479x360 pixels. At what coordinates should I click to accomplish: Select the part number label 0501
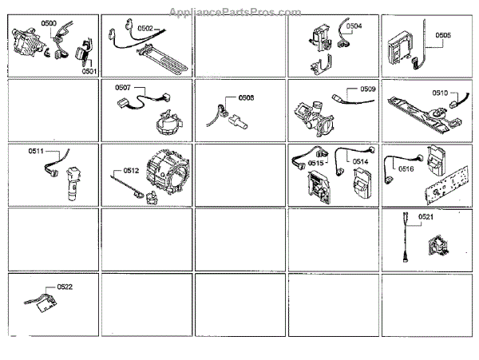[x=89, y=70]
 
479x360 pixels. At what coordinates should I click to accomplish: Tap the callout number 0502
[x=145, y=28]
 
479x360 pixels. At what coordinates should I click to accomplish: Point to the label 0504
[x=353, y=26]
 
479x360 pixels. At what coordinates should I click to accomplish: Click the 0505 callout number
[x=443, y=35]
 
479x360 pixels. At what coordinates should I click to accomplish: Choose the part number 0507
[x=123, y=87]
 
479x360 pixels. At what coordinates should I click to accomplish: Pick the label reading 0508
[x=246, y=98]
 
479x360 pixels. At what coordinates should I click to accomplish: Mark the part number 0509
[x=367, y=88]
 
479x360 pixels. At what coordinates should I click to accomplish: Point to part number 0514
[x=360, y=162]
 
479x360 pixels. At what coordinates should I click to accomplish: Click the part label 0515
[x=316, y=163]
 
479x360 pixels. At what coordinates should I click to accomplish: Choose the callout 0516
[x=406, y=168]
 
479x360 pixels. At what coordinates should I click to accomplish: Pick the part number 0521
[x=426, y=218]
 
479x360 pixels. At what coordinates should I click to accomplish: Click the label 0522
[x=65, y=287]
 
